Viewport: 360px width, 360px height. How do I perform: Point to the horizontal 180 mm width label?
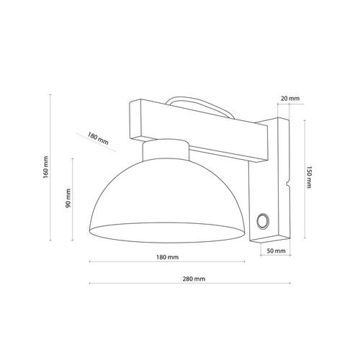(x=167, y=257)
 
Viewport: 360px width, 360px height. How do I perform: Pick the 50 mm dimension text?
(x=276, y=251)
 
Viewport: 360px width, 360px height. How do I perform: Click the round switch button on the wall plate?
(x=262, y=220)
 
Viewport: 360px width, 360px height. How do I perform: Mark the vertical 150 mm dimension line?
(x=304, y=176)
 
